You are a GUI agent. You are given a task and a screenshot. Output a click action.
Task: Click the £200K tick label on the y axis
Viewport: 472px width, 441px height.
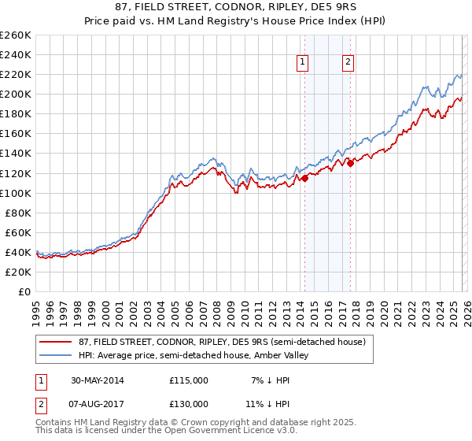[x=16, y=94]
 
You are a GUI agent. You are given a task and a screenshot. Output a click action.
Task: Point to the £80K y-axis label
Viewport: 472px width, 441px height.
[x=18, y=213]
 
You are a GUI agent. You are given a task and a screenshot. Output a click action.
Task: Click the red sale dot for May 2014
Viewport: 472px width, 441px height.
[x=304, y=178]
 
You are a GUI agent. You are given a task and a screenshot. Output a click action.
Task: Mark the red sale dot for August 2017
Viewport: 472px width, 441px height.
[x=349, y=163]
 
